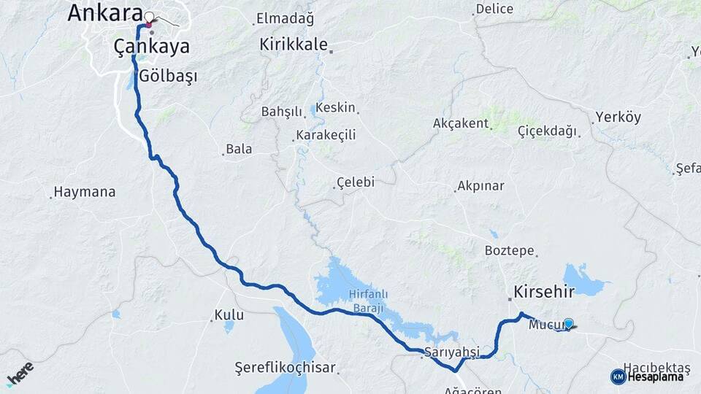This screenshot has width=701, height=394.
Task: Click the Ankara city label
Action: click(104, 12)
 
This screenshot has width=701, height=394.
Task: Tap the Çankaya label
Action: click(152, 47)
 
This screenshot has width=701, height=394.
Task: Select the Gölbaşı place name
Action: click(168, 76)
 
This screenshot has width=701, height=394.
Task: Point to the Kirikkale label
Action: click(294, 45)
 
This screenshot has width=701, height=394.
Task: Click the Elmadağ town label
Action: click(284, 19)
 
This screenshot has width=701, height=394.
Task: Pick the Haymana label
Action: click(85, 193)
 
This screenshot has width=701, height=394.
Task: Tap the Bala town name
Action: click(239, 149)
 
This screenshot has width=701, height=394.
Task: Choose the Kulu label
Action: click(229, 316)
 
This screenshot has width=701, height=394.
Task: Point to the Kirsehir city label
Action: click(544, 292)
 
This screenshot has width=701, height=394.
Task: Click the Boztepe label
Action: click(510, 250)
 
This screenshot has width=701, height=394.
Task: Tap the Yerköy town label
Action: click(618, 117)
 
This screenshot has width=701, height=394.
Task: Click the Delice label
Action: click(494, 9)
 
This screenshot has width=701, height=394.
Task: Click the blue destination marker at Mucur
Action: click(569, 323)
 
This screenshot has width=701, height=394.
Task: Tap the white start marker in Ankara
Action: click(149, 17)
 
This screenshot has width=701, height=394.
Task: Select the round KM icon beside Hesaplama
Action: click(618, 376)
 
